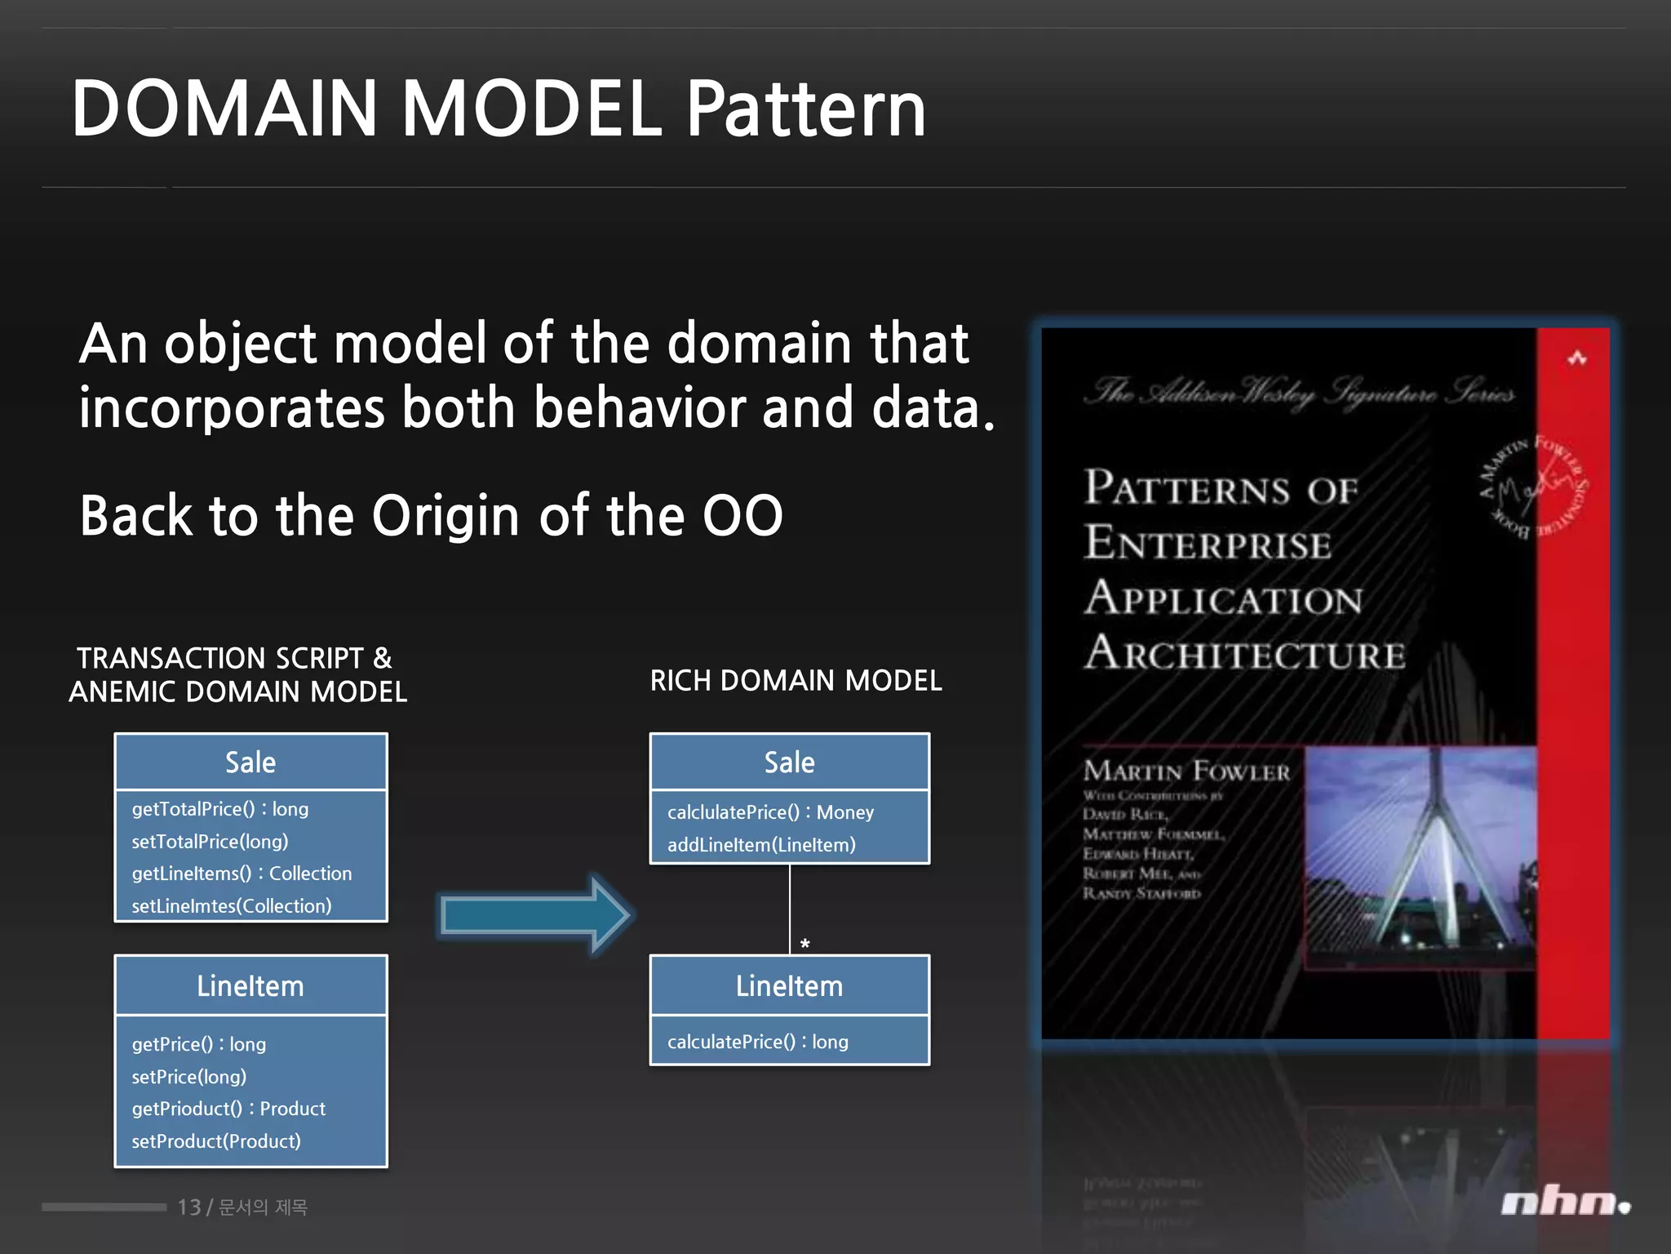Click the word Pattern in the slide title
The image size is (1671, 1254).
[805, 110]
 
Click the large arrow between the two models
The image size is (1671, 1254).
[534, 914]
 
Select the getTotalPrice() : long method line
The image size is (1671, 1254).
[219, 809]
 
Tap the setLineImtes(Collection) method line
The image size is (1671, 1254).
[231, 906]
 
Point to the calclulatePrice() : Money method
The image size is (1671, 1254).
[769, 812]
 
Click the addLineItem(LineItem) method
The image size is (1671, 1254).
[760, 845]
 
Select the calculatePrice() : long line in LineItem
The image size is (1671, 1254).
[757, 1042]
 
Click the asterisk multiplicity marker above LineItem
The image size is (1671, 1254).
[804, 945]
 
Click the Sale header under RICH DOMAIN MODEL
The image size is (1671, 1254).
[789, 763]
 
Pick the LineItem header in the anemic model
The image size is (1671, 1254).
[250, 986]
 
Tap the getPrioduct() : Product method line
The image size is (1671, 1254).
[228, 1109]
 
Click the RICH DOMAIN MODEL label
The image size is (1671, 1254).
[796, 680]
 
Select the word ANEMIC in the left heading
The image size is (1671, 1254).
[122, 692]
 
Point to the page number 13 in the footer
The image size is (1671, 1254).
[188, 1207]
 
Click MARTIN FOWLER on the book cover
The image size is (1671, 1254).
[1186, 771]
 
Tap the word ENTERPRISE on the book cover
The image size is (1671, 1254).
[1208, 545]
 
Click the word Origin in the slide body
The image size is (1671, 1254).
[445, 516]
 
